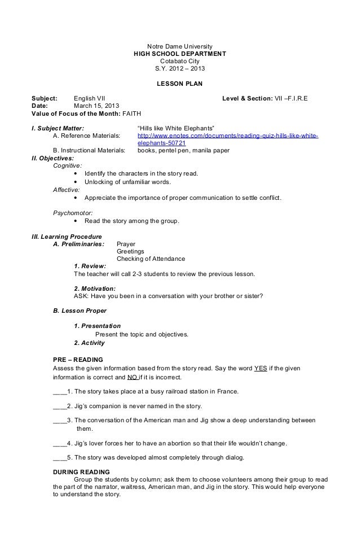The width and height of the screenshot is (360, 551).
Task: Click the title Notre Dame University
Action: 180,46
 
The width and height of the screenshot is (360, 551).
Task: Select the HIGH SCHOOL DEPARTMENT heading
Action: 180,54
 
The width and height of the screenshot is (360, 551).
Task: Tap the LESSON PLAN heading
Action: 180,84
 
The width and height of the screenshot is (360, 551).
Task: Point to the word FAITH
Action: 132,113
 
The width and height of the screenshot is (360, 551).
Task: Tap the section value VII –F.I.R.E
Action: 291,98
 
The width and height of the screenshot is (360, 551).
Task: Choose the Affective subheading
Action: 66,190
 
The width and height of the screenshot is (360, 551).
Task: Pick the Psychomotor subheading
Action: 72,213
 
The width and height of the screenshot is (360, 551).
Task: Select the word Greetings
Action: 130,251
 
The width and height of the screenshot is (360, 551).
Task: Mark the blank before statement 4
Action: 59,443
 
